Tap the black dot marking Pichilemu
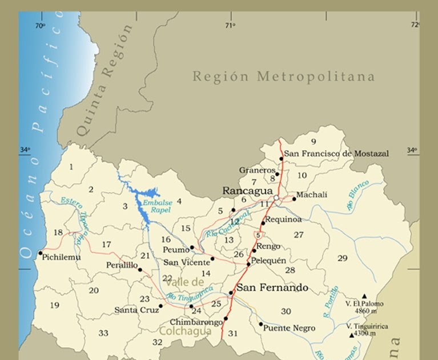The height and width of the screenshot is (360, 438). pyautogui.click(x=40, y=253)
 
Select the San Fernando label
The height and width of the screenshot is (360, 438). pyautogui.click(x=272, y=287)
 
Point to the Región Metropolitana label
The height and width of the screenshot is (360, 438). pyautogui.click(x=283, y=77)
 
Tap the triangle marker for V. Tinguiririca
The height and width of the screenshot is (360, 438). pyautogui.click(x=351, y=335)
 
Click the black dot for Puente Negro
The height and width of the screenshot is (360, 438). pyautogui.click(x=260, y=324)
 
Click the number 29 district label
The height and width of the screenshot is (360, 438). pyautogui.click(x=342, y=258)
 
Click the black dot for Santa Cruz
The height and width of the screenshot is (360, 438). pyautogui.click(x=160, y=306)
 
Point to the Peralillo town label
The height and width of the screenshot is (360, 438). pyautogui.click(x=122, y=265)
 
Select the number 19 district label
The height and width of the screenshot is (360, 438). pyautogui.click(x=54, y=305)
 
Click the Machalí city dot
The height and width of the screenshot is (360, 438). pyautogui.click(x=294, y=199)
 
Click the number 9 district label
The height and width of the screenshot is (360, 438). pyautogui.click(x=313, y=141)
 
